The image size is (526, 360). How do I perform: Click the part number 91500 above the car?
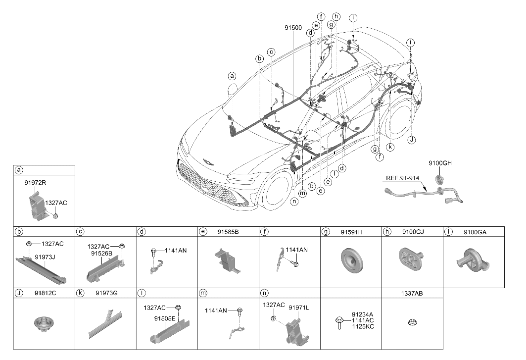(293, 28)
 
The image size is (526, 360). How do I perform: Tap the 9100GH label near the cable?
(440, 163)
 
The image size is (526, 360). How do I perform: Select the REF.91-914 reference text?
(402, 178)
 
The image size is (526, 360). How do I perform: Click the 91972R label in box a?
(35, 183)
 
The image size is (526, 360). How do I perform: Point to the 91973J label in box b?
(45, 257)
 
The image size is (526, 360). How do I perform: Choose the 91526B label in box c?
(101, 254)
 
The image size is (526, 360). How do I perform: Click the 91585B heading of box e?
(228, 232)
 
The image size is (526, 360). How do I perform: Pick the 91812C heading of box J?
(46, 293)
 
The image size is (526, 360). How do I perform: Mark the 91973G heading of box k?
(106, 293)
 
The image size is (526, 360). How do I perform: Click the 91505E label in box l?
(165, 318)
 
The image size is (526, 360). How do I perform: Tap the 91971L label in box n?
(299, 308)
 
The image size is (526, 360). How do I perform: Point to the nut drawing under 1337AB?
(412, 322)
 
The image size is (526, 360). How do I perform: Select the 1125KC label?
(363, 326)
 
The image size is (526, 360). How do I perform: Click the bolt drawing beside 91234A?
(339, 322)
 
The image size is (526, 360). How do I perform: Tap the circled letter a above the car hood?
(232, 76)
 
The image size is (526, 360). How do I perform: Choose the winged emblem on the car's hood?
(209, 162)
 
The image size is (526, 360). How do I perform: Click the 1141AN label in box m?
(216, 310)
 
